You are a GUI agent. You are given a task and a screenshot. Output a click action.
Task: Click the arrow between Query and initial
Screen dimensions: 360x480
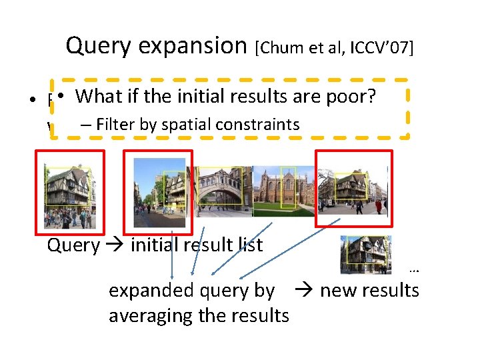pos(115,245)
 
